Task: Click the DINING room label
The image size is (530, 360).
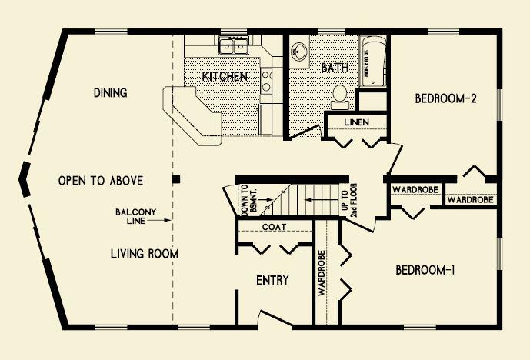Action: pyautogui.click(x=111, y=92)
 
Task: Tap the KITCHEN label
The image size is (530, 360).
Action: pyautogui.click(x=225, y=76)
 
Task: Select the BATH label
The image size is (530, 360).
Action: pyautogui.click(x=335, y=68)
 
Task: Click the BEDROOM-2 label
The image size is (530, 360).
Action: pyautogui.click(x=446, y=98)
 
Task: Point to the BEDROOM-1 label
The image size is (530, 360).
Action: pyautogui.click(x=425, y=270)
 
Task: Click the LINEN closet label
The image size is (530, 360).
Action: pyautogui.click(x=357, y=122)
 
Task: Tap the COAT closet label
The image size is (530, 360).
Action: pyautogui.click(x=274, y=227)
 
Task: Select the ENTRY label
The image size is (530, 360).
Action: pyautogui.click(x=272, y=280)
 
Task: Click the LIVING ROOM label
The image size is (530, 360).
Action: pyautogui.click(x=145, y=254)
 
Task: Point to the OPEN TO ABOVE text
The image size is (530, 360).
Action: pyautogui.click(x=101, y=181)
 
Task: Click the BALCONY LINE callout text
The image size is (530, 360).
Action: pyautogui.click(x=136, y=216)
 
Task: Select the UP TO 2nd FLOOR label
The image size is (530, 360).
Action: pyautogui.click(x=349, y=200)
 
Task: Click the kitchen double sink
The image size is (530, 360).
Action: pyautogui.click(x=234, y=45)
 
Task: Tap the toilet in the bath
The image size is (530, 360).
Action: pyautogui.click(x=340, y=97)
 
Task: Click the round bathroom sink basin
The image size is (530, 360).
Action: pyautogui.click(x=298, y=52)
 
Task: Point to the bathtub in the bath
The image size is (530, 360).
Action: pyautogui.click(x=374, y=62)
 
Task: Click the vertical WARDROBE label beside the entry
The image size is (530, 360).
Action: pyautogui.click(x=321, y=273)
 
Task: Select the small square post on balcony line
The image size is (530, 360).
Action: pyautogui.click(x=176, y=179)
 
